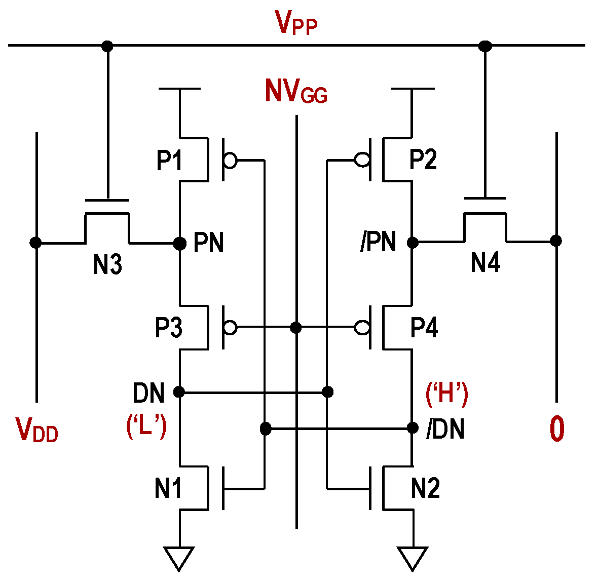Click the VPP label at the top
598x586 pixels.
[x=296, y=23]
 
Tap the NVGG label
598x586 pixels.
[x=296, y=92]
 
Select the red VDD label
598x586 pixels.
[x=37, y=430]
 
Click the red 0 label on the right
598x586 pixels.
[x=556, y=429]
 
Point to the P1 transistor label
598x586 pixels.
[x=169, y=160]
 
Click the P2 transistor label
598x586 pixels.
[x=423, y=159]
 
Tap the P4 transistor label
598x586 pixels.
[x=424, y=327]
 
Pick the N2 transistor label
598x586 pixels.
[x=425, y=488]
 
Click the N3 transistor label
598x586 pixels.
[x=107, y=264]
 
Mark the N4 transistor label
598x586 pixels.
[x=485, y=262]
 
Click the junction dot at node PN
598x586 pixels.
[x=179, y=244]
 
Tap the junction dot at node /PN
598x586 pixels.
[x=413, y=243]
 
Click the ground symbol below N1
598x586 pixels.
[x=179, y=557]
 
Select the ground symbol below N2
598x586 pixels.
[x=413, y=557]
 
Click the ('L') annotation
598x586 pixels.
[x=146, y=426]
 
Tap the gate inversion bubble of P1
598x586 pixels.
[x=230, y=161]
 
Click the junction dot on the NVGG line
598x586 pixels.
[x=296, y=328]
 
